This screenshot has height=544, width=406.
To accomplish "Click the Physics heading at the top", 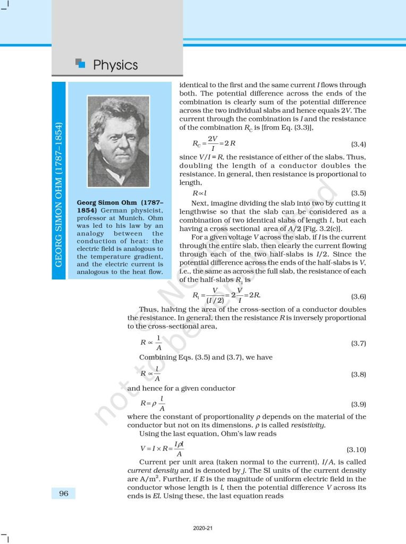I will (115, 65).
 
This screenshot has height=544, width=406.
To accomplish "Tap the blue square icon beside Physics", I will (81, 64).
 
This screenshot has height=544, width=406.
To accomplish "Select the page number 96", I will (64, 494).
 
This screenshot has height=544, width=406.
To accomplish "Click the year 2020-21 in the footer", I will (203, 528).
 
